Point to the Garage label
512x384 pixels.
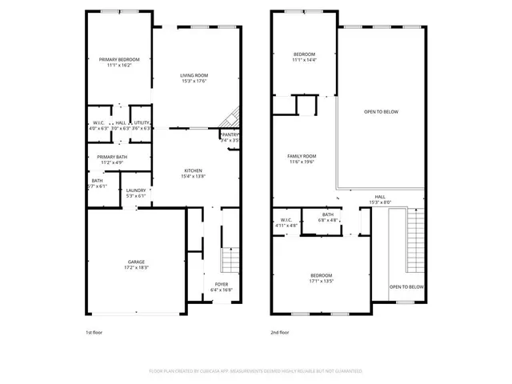pyautogui.click(x=135, y=264)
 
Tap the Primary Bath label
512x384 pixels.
pyautogui.click(x=112, y=159)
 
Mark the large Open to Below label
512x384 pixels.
pyautogui.click(x=381, y=111)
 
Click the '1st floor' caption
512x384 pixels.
pyautogui.click(x=94, y=332)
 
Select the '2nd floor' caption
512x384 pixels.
pyautogui.click(x=280, y=332)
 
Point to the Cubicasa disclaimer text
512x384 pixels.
pyautogui.click(x=256, y=371)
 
